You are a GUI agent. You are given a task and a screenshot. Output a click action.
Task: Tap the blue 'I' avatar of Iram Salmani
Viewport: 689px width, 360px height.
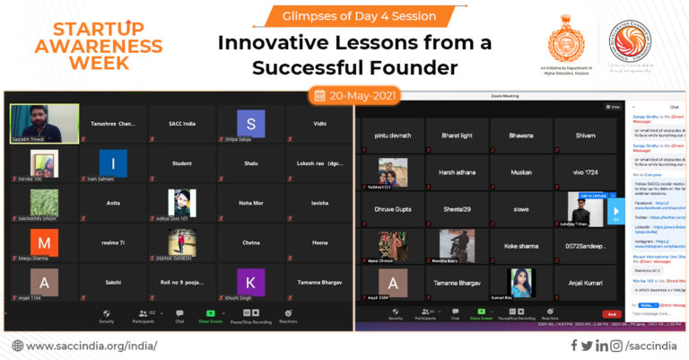113,162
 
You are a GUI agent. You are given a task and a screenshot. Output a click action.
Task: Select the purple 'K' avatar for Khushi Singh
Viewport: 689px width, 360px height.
251,282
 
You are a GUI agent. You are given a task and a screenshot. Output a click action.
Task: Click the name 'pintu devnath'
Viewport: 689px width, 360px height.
392,135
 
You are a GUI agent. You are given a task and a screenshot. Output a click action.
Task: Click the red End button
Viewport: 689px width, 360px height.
611,313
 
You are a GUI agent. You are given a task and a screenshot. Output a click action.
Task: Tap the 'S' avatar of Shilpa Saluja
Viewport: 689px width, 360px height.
251,123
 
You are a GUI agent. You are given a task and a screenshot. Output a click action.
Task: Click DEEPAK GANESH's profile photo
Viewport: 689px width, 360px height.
182,241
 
